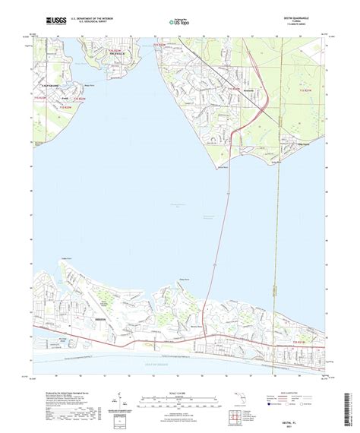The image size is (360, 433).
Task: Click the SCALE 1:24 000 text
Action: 179,370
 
